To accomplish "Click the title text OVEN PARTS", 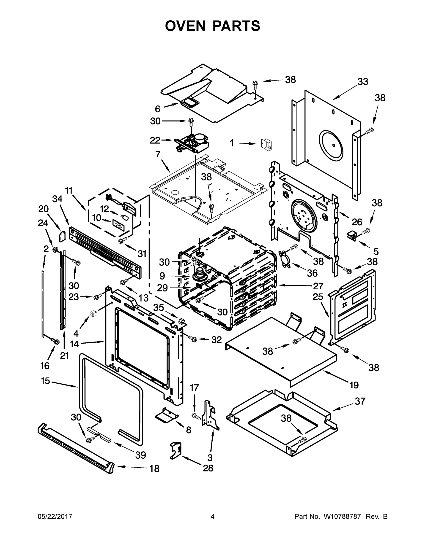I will coord(213,26).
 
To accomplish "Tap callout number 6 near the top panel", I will coord(157,109).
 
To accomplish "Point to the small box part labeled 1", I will coord(266,145).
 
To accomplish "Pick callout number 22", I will coord(155,140).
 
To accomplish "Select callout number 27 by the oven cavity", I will coord(318,286).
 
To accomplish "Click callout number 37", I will coord(360,401).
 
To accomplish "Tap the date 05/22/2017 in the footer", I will coord(55,517).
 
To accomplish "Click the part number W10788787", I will coord(342,517).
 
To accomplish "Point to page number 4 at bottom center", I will coord(213,517).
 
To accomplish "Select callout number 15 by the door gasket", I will coord(45,381).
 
